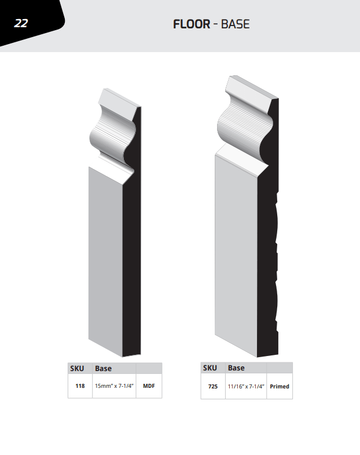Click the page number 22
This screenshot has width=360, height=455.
coord(21,23)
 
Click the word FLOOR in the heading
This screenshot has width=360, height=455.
coord(192,24)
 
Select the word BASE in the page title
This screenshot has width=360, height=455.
coord(235,24)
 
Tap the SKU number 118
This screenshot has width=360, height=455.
coord(80,386)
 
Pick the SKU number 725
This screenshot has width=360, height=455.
coord(213,387)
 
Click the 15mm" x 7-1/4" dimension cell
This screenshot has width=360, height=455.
coord(114,386)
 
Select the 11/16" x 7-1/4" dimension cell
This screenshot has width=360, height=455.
coord(246,387)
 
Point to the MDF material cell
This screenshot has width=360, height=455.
coord(149,386)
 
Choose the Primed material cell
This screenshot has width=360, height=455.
coord(280,387)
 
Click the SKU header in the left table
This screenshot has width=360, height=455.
coord(77,369)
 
